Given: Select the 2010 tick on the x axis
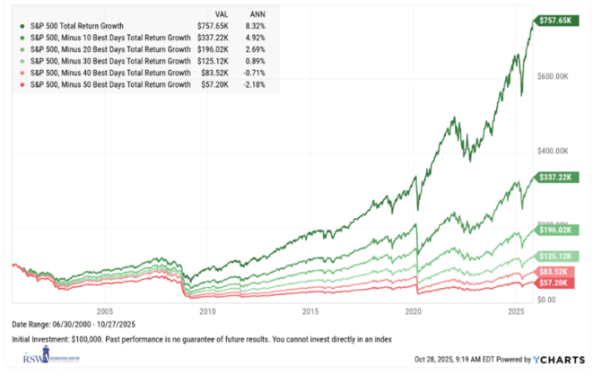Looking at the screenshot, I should click(207, 311).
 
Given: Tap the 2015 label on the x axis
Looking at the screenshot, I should click(310, 311).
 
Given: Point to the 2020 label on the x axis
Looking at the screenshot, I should click(414, 311).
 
